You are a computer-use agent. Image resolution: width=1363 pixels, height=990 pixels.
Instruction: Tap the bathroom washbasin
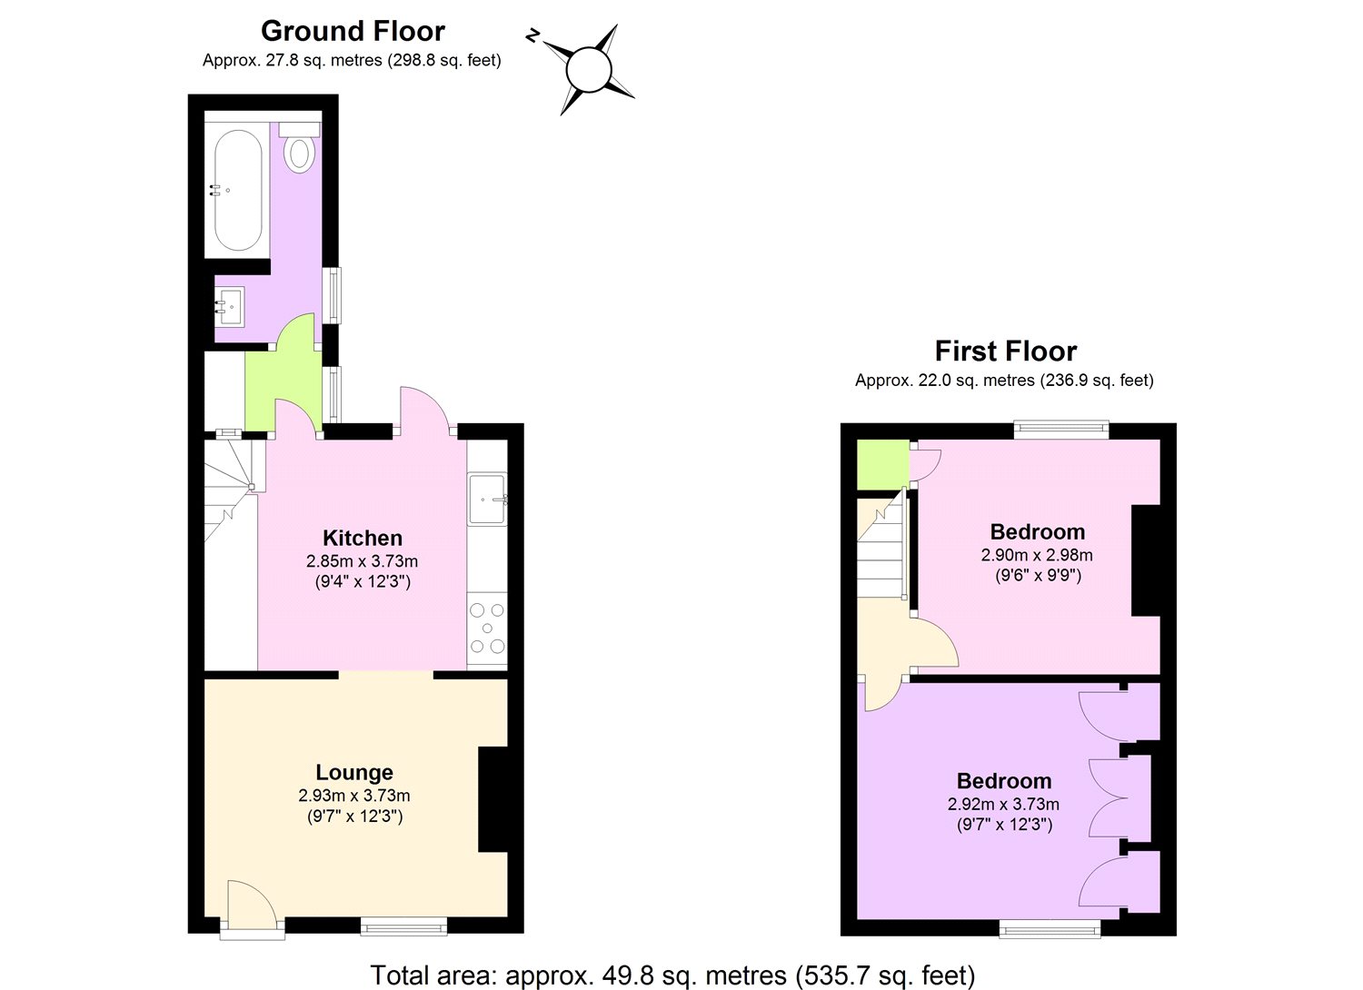(x=230, y=307)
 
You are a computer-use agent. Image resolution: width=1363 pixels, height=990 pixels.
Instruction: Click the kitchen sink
(x=487, y=499)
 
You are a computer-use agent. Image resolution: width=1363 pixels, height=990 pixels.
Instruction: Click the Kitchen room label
(x=362, y=538)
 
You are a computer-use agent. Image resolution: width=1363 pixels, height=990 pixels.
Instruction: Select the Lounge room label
(x=354, y=772)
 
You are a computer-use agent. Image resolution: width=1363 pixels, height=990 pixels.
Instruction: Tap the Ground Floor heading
(x=353, y=31)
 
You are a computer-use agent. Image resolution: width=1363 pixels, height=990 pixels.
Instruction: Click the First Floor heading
(x=1005, y=351)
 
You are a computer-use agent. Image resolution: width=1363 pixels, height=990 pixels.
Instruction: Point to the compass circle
(x=589, y=70)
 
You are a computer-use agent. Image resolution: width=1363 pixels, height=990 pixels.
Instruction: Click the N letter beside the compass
(x=533, y=36)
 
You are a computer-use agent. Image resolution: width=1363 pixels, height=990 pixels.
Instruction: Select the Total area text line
(x=672, y=958)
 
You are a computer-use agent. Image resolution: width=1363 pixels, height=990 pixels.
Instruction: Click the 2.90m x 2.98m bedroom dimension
(x=1037, y=555)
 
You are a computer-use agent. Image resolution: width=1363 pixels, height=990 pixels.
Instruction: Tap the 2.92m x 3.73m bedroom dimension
(x=1003, y=804)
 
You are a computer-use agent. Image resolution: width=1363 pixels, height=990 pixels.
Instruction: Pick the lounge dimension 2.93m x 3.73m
(x=354, y=795)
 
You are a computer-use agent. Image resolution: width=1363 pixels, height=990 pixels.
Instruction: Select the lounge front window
(x=404, y=926)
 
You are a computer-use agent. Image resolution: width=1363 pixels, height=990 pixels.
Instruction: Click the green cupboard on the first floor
(x=883, y=464)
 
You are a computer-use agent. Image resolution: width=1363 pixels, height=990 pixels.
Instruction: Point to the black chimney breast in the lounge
(x=492, y=799)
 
